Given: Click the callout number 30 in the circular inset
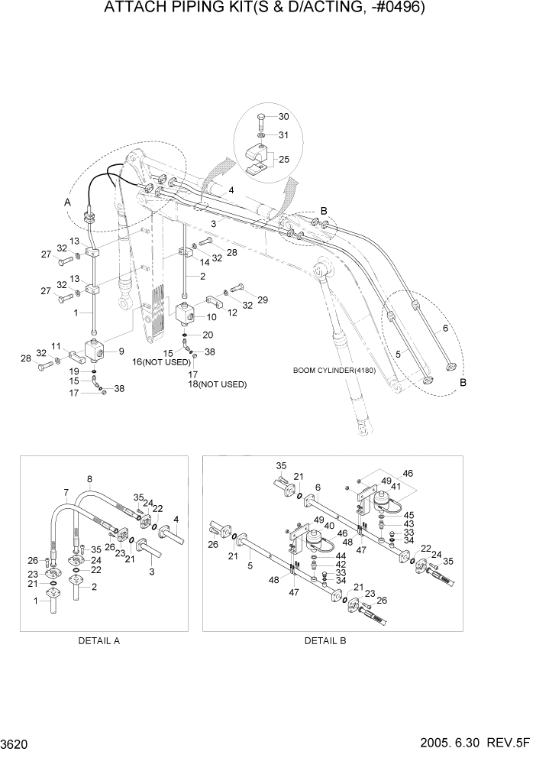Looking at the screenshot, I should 284,117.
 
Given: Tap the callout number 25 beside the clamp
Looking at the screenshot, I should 284,159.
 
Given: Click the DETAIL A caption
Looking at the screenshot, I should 98,641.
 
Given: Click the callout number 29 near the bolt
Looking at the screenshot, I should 262,300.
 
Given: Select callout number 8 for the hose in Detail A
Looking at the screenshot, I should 90,480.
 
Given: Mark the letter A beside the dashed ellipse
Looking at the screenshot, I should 68,202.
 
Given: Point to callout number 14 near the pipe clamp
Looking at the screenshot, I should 204,261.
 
